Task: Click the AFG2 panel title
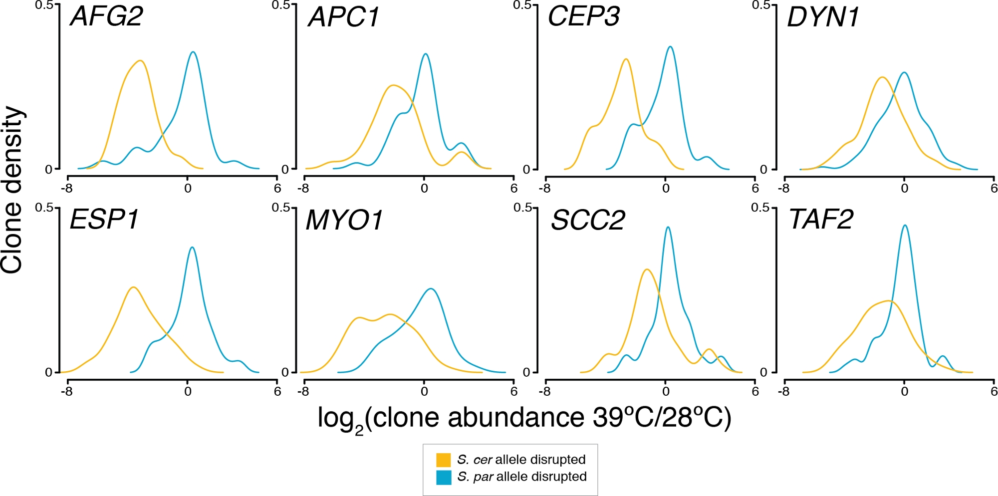click(x=107, y=16)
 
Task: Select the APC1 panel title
click(x=344, y=17)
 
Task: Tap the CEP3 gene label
click(x=584, y=16)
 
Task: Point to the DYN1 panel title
click(x=823, y=17)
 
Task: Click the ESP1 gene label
click(x=104, y=220)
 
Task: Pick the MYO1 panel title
click(x=344, y=220)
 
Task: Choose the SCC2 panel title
click(x=588, y=220)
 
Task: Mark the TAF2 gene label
click(x=821, y=220)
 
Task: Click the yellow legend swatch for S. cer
click(x=443, y=460)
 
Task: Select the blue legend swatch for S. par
click(x=443, y=477)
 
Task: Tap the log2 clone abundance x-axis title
click(x=524, y=418)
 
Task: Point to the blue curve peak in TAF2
click(x=905, y=226)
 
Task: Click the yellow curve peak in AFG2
click(x=141, y=61)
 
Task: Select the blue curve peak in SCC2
click(x=668, y=228)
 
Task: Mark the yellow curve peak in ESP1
click(x=133, y=287)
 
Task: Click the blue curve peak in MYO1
click(x=431, y=289)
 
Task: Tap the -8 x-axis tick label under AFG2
click(x=66, y=189)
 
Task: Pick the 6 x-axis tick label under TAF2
click(x=994, y=391)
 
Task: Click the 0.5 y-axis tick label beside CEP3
click(x=522, y=5)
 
